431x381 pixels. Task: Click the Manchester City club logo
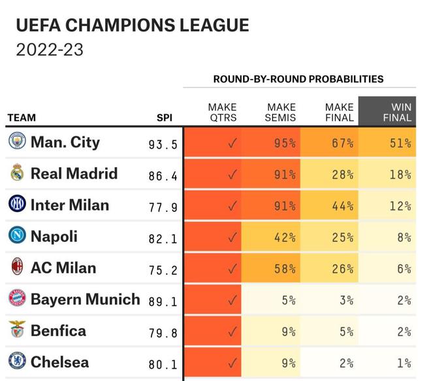click(x=17, y=142)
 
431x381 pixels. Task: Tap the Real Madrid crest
click(x=17, y=173)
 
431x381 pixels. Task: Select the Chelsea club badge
click(x=17, y=361)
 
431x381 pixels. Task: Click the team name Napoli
click(x=54, y=236)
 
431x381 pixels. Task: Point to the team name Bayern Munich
click(x=85, y=299)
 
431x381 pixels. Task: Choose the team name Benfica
click(x=58, y=331)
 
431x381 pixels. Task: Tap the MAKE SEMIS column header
click(x=281, y=112)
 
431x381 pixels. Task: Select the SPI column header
click(x=165, y=118)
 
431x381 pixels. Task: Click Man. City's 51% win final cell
click(x=400, y=143)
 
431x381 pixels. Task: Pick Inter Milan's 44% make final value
click(x=342, y=206)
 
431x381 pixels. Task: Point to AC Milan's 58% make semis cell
click(x=285, y=269)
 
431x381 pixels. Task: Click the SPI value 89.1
click(x=163, y=301)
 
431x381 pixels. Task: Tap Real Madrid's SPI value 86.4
click(x=163, y=175)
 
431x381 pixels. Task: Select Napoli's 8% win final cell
click(x=404, y=237)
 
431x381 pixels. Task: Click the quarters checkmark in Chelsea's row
click(x=232, y=363)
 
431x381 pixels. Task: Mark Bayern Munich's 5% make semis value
click(x=289, y=300)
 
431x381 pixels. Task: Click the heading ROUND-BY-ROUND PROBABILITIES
click(x=298, y=79)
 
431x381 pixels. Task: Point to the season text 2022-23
click(x=50, y=50)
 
